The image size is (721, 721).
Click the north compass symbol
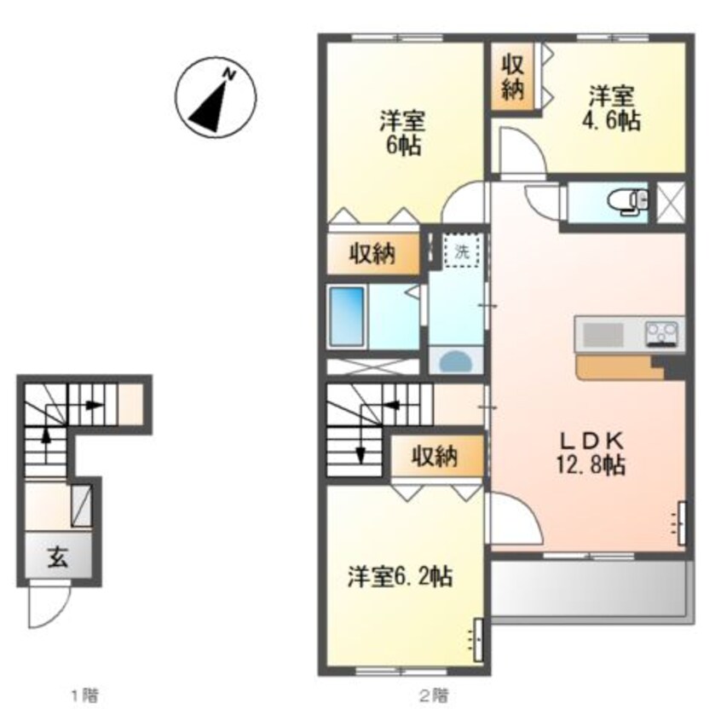click(216, 97)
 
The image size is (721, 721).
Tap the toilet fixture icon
click(628, 202)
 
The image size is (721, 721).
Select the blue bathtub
click(347, 317)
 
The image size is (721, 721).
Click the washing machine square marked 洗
click(462, 251)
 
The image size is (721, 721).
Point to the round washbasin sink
click(456, 360)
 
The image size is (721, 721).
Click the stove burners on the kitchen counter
click(662, 333)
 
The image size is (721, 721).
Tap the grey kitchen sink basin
click(603, 334)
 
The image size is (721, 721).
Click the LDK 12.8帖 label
click(591, 453)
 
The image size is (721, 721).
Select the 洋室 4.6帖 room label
click(612, 108)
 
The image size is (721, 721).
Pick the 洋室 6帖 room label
click(402, 133)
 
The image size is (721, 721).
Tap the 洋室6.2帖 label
click(400, 577)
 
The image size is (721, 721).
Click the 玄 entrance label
click(58, 557)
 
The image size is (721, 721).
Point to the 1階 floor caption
click(84, 695)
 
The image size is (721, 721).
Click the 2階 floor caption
click(433, 695)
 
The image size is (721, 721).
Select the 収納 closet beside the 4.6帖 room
click(513, 77)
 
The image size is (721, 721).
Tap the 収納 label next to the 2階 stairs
click(435, 456)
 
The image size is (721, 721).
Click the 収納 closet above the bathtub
click(372, 253)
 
